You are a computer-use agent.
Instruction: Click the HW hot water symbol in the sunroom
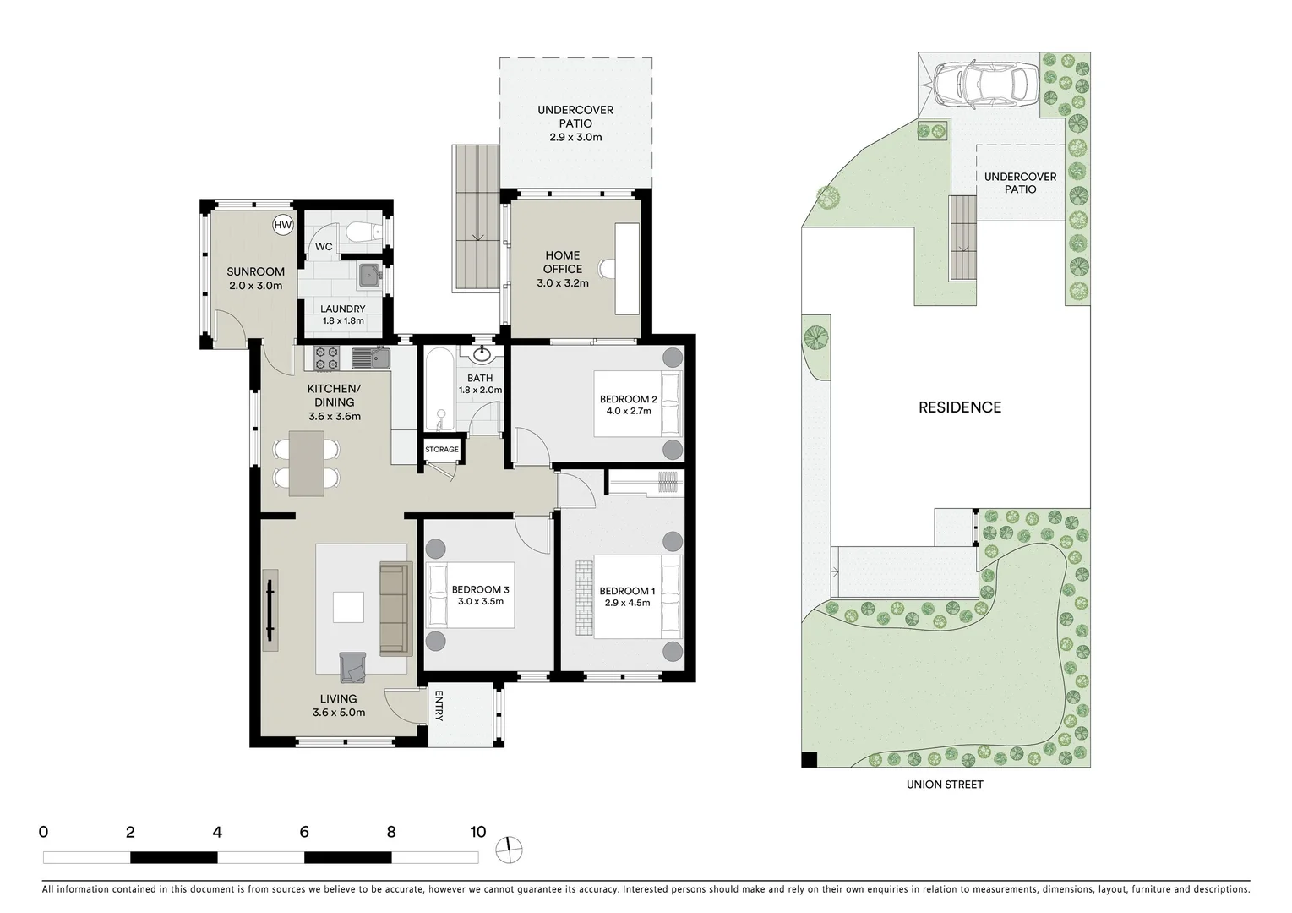click(x=283, y=226)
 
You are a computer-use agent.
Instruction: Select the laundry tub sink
click(x=369, y=275)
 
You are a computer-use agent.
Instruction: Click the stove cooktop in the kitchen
click(x=326, y=358)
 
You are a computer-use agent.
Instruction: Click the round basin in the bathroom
click(x=483, y=353)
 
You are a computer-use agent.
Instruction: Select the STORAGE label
click(x=442, y=450)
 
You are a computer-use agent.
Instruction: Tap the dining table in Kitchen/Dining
click(x=306, y=463)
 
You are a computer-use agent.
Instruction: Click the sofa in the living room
click(x=394, y=609)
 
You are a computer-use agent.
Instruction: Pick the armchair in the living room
click(x=352, y=667)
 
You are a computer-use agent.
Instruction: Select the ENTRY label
click(x=439, y=706)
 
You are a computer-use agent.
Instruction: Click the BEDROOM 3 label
click(x=480, y=589)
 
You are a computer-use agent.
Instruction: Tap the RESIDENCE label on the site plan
click(x=960, y=407)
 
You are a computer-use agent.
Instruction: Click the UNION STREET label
click(x=945, y=785)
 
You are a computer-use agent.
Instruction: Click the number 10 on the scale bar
click(x=478, y=832)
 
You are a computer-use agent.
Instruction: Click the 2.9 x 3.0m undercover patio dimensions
click(x=575, y=137)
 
